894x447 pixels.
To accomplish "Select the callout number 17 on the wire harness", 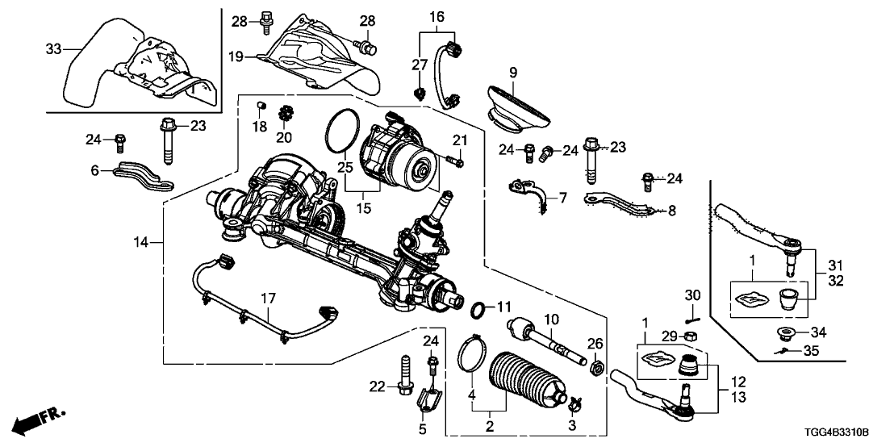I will click(x=266, y=299).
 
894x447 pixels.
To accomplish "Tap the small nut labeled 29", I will click(x=691, y=336).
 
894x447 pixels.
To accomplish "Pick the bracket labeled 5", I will click(x=430, y=400).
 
